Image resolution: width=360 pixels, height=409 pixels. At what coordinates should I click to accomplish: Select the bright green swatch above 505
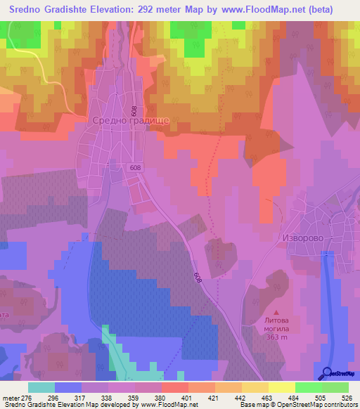click(x=308, y=387)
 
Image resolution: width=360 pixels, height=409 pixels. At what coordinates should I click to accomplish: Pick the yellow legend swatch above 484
click(x=281, y=387)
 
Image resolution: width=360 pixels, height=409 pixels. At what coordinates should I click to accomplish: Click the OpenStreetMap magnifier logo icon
click(x=325, y=372)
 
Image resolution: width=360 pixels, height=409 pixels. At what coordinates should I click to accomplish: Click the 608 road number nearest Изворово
click(x=198, y=279)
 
